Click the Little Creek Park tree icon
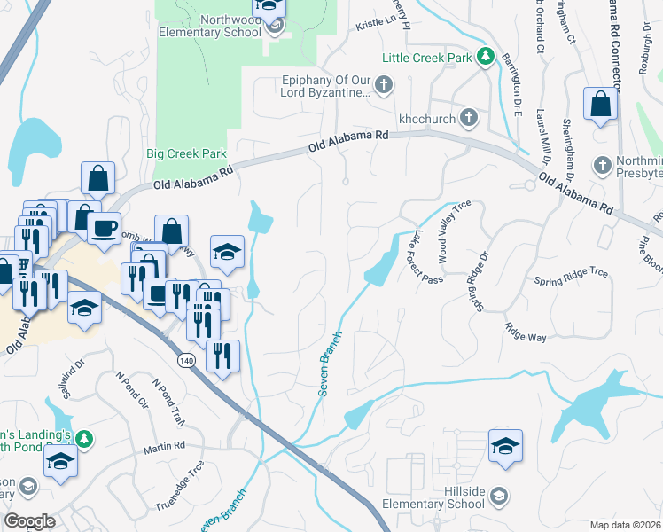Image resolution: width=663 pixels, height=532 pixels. coord(485,58)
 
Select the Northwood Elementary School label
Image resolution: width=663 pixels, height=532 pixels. coord(210,26)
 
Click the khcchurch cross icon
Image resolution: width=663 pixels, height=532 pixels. coord(469,118)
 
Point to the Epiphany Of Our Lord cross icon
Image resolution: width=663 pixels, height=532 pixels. coord(383,86)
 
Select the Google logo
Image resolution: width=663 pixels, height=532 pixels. coord(29,521)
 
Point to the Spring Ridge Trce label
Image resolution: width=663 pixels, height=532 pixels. coord(571,277)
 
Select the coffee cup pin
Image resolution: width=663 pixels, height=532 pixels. coord(103,227)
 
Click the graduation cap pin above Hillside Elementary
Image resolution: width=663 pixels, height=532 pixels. coord(504,445)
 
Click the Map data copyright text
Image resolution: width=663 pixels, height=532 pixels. coord(624,524)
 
